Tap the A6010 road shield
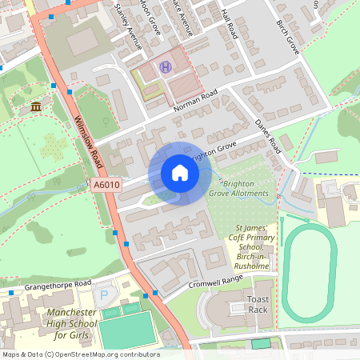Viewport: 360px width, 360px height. point(106,185)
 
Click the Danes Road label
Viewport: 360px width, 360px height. point(268,137)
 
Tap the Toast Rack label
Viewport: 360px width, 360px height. point(258,303)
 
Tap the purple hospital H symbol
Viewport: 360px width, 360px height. point(166,68)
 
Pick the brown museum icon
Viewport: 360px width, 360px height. point(35,106)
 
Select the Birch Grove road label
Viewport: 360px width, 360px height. point(289,37)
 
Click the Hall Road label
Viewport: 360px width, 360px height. point(230,24)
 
